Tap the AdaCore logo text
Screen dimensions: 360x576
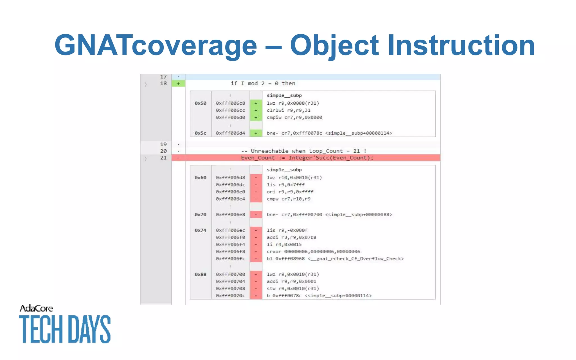click(36, 309)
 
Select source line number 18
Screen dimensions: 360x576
click(163, 84)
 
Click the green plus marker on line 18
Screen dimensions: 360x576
click(178, 84)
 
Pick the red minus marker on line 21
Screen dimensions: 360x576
click(178, 158)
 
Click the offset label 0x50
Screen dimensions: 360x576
click(200, 103)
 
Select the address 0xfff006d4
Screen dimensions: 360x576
click(230, 133)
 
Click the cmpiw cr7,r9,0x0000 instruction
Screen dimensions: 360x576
click(294, 118)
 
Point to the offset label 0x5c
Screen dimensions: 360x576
click(200, 133)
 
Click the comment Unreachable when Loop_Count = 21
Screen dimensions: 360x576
click(304, 151)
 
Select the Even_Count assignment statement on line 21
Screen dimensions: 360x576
click(307, 158)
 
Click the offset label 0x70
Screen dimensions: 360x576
click(200, 215)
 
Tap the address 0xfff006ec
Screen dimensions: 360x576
click(230, 230)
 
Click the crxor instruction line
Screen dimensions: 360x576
click(313, 251)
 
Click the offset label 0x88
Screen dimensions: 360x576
click(200, 274)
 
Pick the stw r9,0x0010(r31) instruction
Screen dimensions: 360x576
click(292, 289)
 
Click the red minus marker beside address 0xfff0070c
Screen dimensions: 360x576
click(256, 296)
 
